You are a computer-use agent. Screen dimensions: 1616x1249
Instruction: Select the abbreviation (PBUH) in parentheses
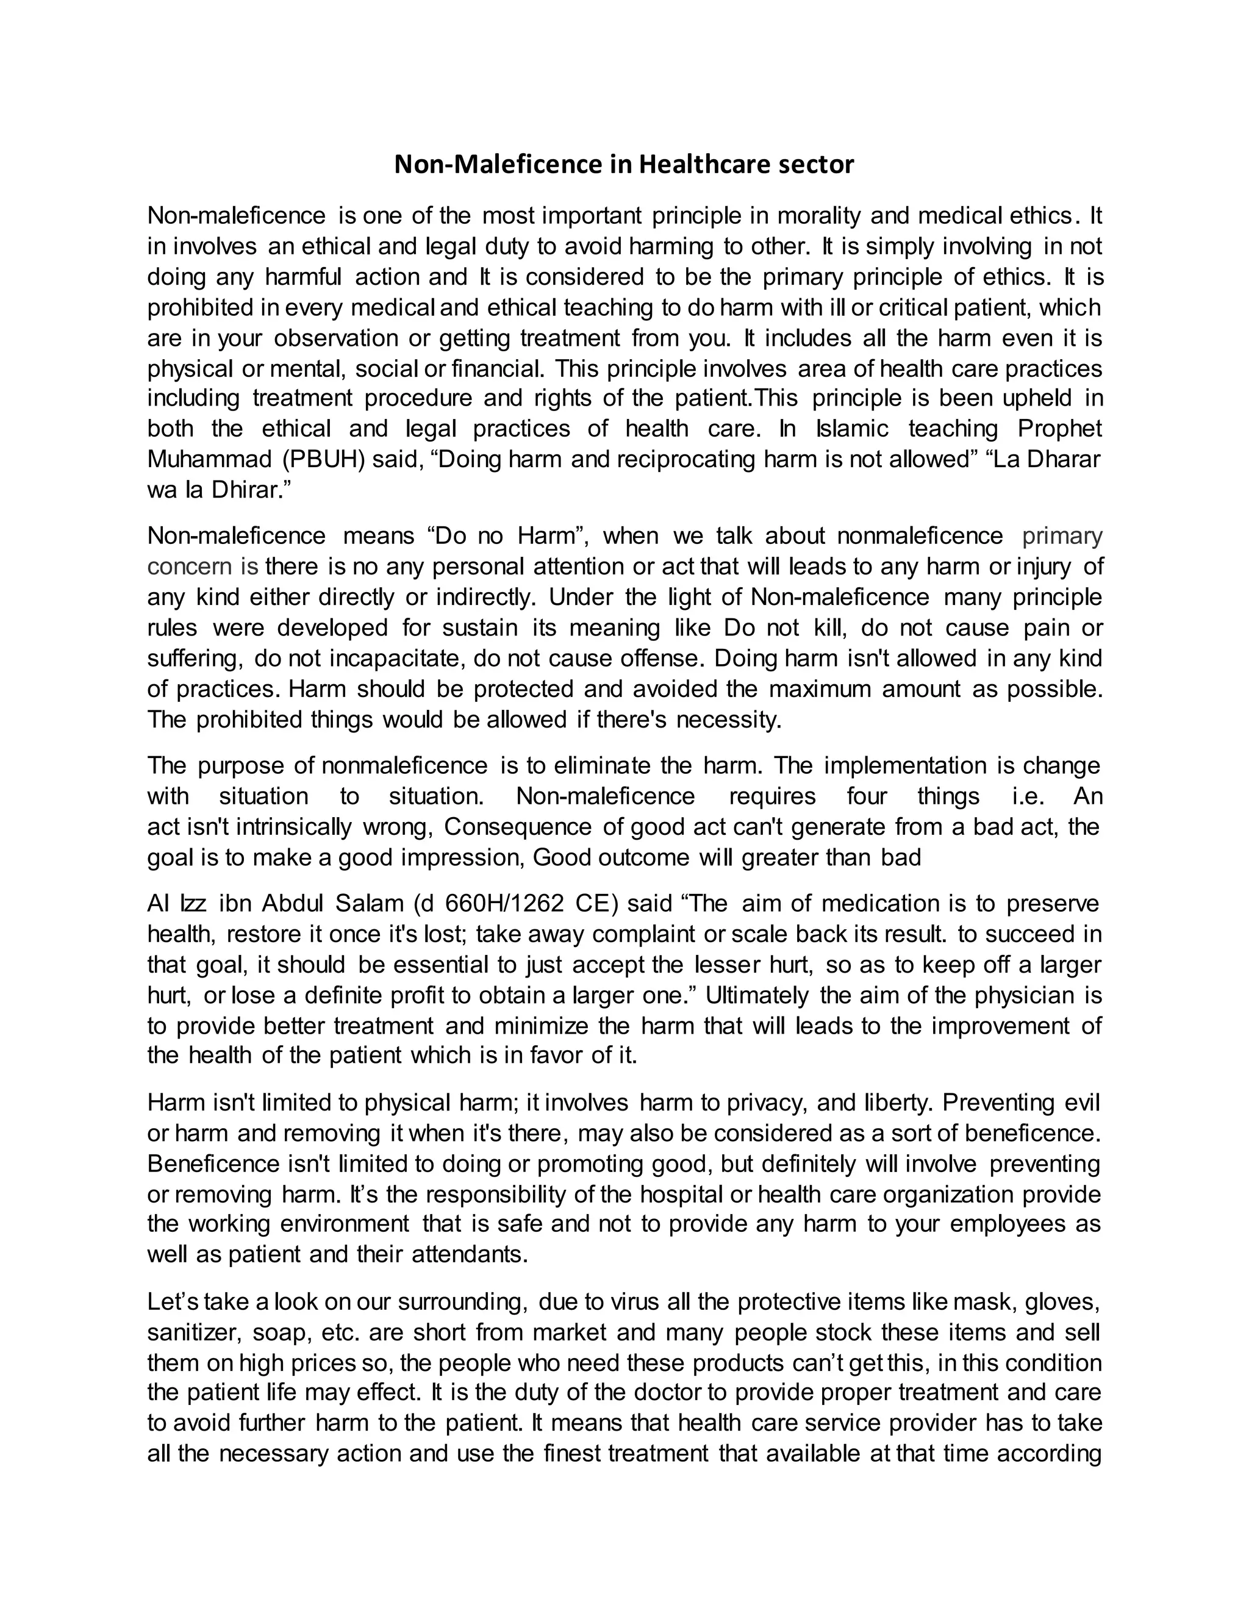click(x=323, y=460)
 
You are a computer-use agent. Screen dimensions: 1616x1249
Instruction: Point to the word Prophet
click(x=1059, y=429)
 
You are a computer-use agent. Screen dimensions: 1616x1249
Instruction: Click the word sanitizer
click(x=194, y=1332)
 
